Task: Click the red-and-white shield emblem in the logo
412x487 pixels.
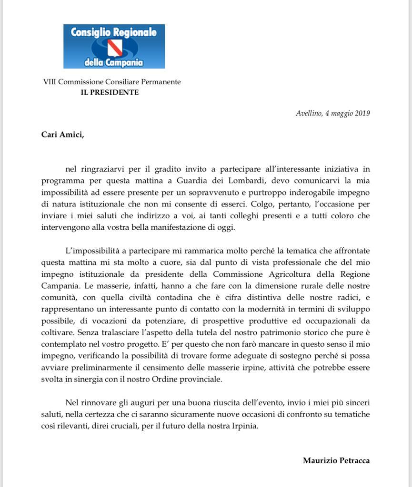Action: (x=114, y=47)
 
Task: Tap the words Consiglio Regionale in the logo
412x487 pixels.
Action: (x=114, y=32)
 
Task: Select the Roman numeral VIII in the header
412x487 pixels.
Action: (x=50, y=82)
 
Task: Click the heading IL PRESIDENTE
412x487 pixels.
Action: (x=110, y=92)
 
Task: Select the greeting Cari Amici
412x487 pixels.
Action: (x=62, y=134)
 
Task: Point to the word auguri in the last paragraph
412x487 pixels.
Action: (x=130, y=403)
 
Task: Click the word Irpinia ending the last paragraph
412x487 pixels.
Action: (x=242, y=426)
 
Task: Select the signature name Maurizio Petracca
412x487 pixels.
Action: (x=336, y=460)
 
